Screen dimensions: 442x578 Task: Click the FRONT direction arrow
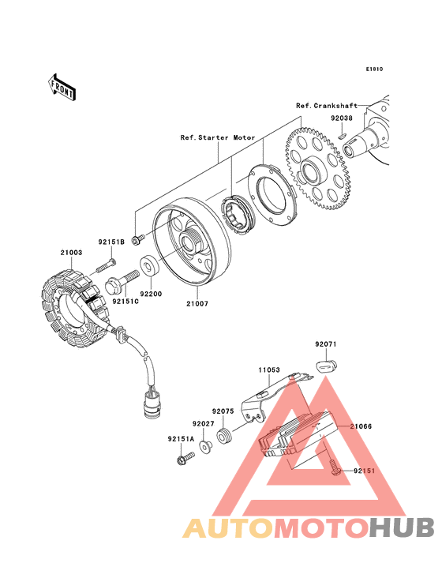[62, 88]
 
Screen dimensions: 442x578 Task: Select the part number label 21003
[72, 253]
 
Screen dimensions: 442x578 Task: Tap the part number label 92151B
[111, 242]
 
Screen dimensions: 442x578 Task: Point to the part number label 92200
[151, 294]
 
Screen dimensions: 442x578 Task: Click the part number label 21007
[197, 304]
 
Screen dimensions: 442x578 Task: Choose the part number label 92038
[342, 118]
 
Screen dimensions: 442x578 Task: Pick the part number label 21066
[361, 426]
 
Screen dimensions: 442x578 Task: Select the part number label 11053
[269, 370]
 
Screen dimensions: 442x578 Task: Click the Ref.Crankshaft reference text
[327, 106]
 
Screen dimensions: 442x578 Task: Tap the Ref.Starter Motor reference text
[218, 137]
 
